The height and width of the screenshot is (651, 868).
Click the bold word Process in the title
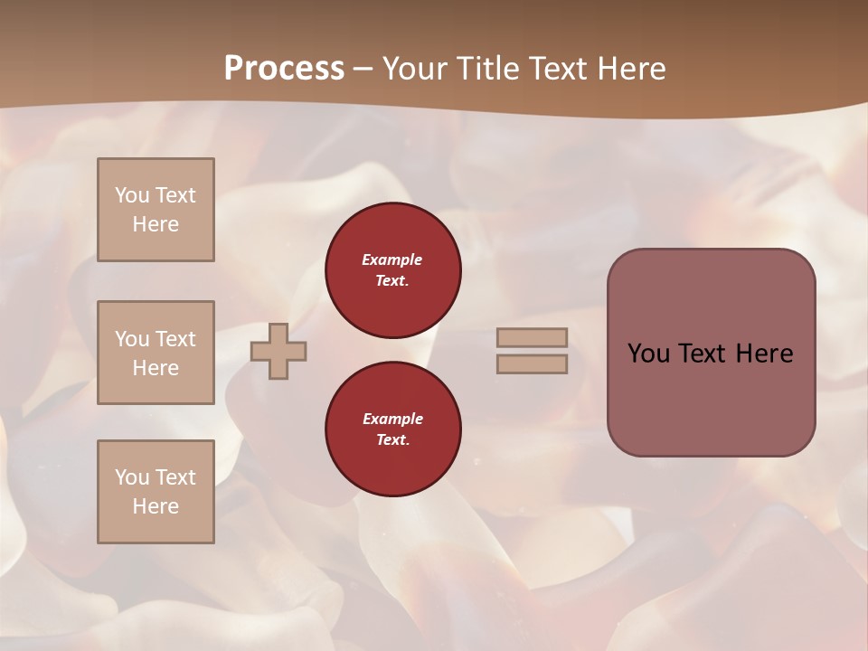[x=284, y=69]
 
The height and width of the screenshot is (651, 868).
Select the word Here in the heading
[x=629, y=69]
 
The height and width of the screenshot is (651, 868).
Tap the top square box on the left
[x=156, y=210]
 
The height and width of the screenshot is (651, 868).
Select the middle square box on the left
[x=156, y=353]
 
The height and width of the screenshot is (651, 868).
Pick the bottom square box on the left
[x=156, y=492]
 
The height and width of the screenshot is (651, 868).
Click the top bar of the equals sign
[x=532, y=337]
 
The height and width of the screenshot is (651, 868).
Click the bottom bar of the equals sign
[x=532, y=363]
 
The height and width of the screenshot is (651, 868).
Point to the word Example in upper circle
[x=392, y=260]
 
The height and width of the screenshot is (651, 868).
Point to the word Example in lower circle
[x=392, y=419]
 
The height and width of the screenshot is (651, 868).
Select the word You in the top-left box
[x=131, y=195]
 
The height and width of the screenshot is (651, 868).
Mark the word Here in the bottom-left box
[x=156, y=506]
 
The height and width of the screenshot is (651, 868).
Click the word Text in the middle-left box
[x=175, y=339]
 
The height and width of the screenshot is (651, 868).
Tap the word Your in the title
[x=414, y=69]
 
